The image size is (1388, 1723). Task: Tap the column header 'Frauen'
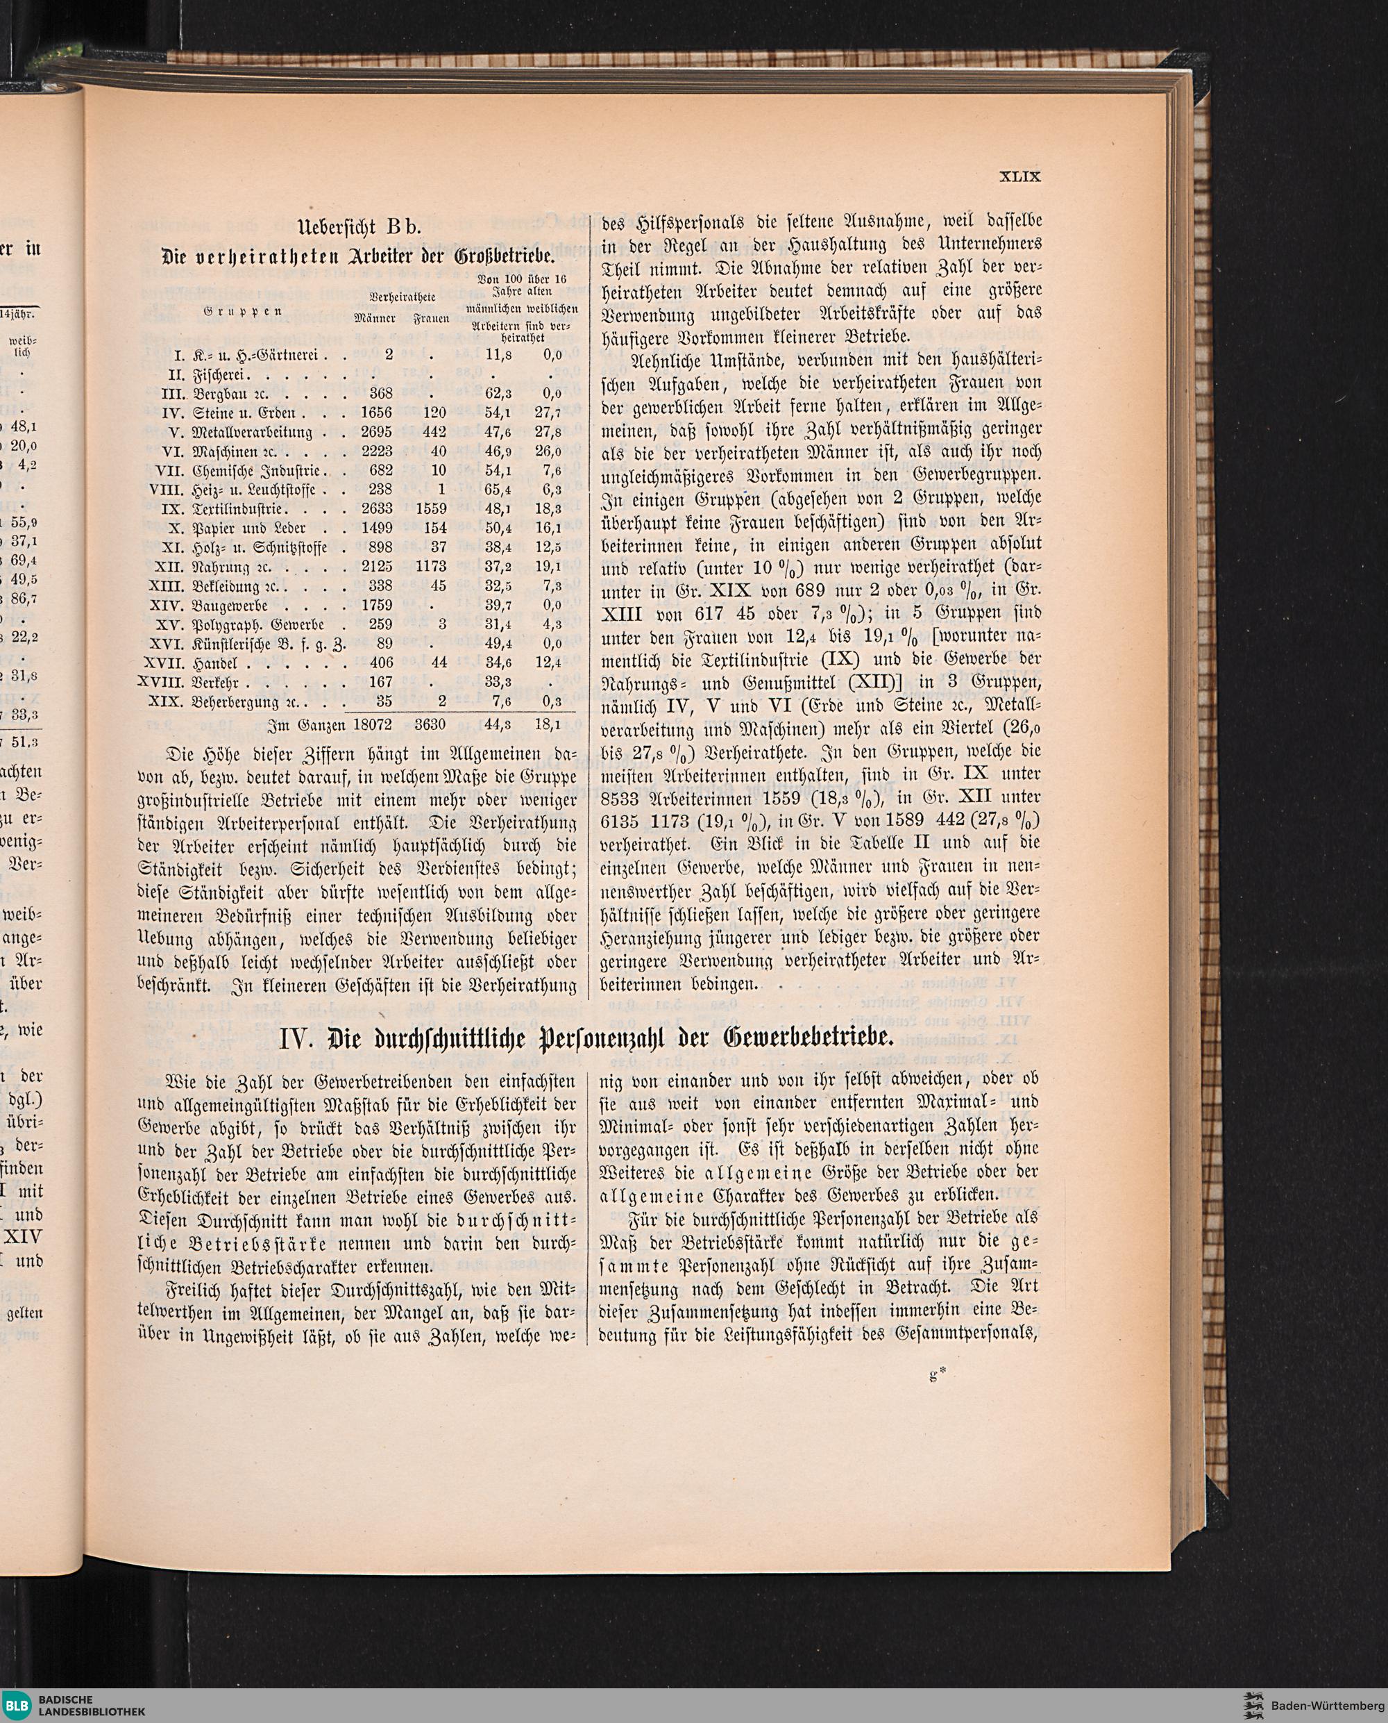tap(431, 320)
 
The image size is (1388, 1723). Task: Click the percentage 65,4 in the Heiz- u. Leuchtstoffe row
tap(498, 490)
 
